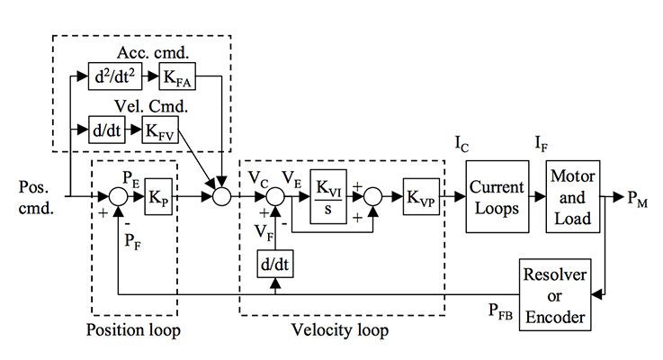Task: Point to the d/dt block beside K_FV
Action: point(107,130)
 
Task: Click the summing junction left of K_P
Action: point(120,195)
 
